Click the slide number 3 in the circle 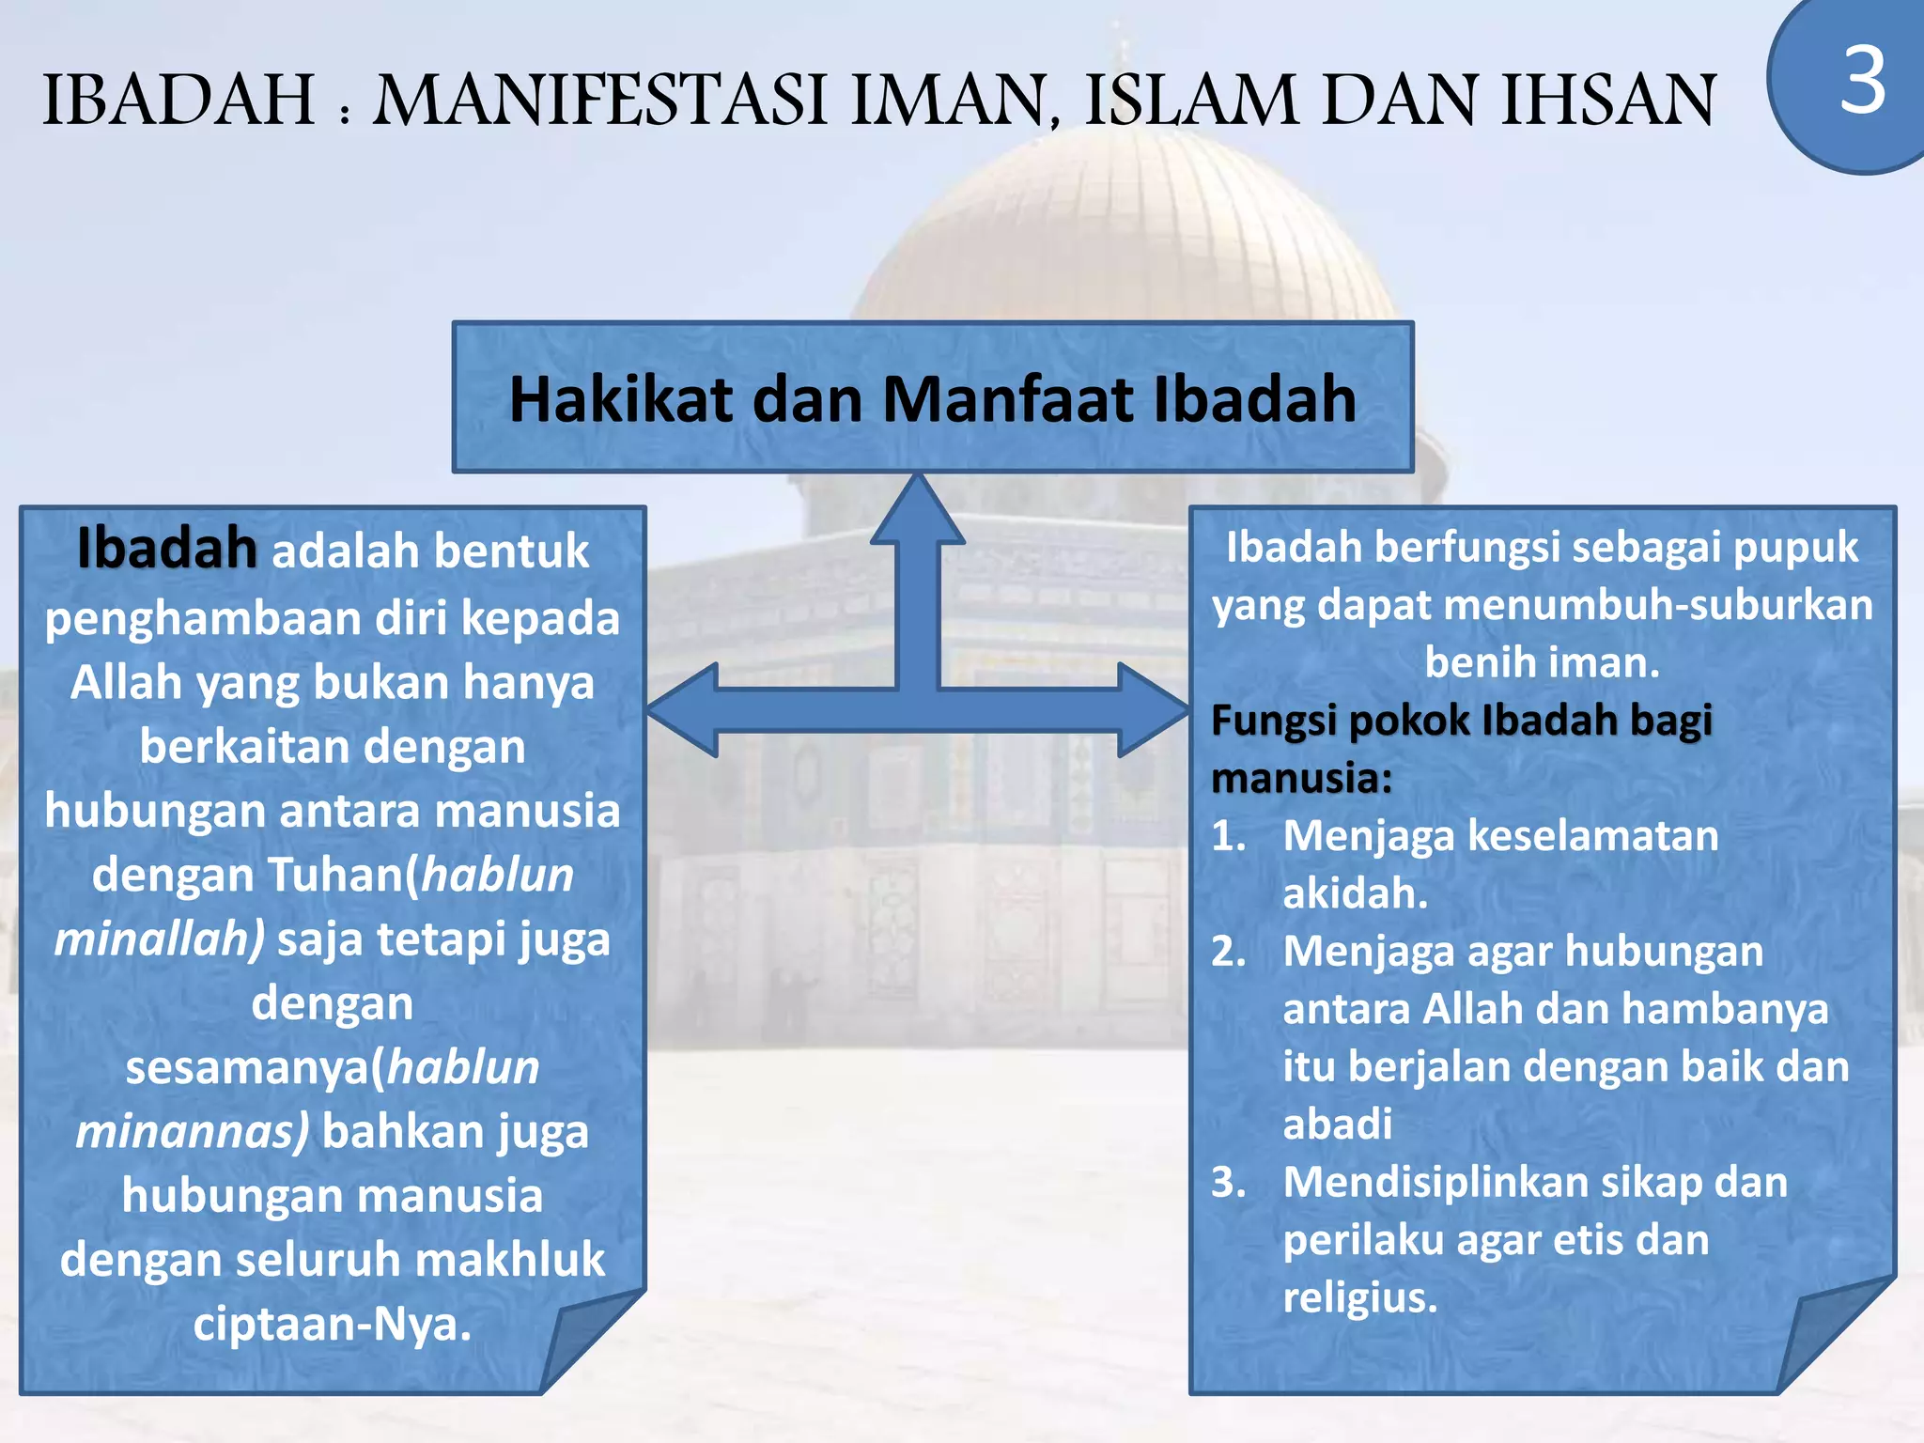(1863, 82)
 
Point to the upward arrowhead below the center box (918, 512)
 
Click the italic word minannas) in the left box (192, 1132)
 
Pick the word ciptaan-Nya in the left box (332, 1325)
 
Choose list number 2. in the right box (1228, 952)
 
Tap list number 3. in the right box (1228, 1183)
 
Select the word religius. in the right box (1359, 1298)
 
